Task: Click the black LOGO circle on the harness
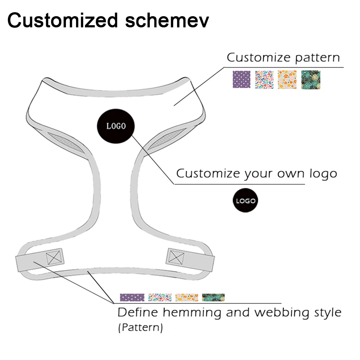click(116, 126)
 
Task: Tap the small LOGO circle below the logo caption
click(246, 201)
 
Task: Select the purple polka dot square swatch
click(241, 80)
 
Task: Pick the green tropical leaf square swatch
click(310, 80)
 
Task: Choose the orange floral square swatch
click(287, 80)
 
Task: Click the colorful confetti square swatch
click(264, 80)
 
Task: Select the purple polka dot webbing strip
click(132, 297)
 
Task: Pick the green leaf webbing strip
click(213, 297)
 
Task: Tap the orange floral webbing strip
click(187, 297)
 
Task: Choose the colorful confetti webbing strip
click(159, 297)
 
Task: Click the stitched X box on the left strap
click(54, 257)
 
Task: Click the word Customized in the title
click(63, 20)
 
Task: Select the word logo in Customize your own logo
click(323, 174)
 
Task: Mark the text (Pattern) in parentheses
click(140, 328)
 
